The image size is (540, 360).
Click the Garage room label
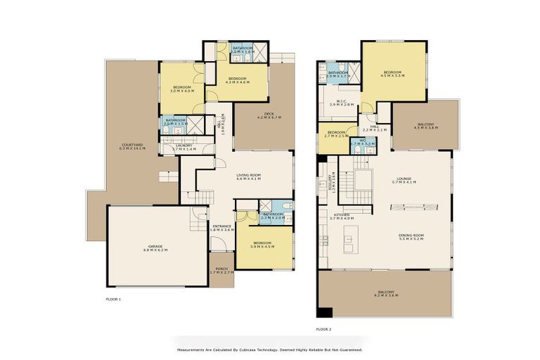155,247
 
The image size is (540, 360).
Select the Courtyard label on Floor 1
132,147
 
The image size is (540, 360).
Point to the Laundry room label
182,147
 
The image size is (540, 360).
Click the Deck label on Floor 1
269,115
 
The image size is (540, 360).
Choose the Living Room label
248,177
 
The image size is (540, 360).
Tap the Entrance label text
222,228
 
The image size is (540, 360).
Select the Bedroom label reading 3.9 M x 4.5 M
262,245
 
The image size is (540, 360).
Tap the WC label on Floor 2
363,143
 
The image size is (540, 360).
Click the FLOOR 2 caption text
323,329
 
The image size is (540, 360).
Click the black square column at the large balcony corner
324,312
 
